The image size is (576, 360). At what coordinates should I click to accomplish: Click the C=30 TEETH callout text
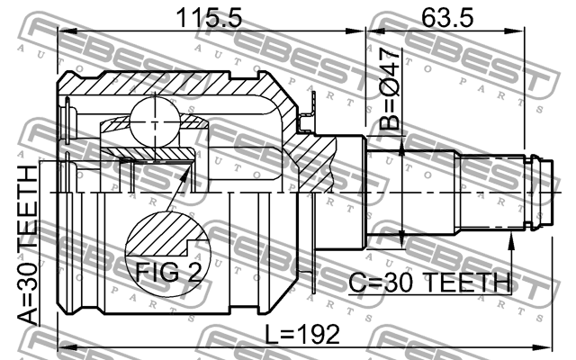pyautogui.click(x=429, y=283)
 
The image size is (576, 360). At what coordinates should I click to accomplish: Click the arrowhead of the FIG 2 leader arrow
pyautogui.click(x=190, y=167)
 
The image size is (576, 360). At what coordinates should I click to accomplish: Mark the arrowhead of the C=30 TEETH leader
pyautogui.click(x=511, y=235)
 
